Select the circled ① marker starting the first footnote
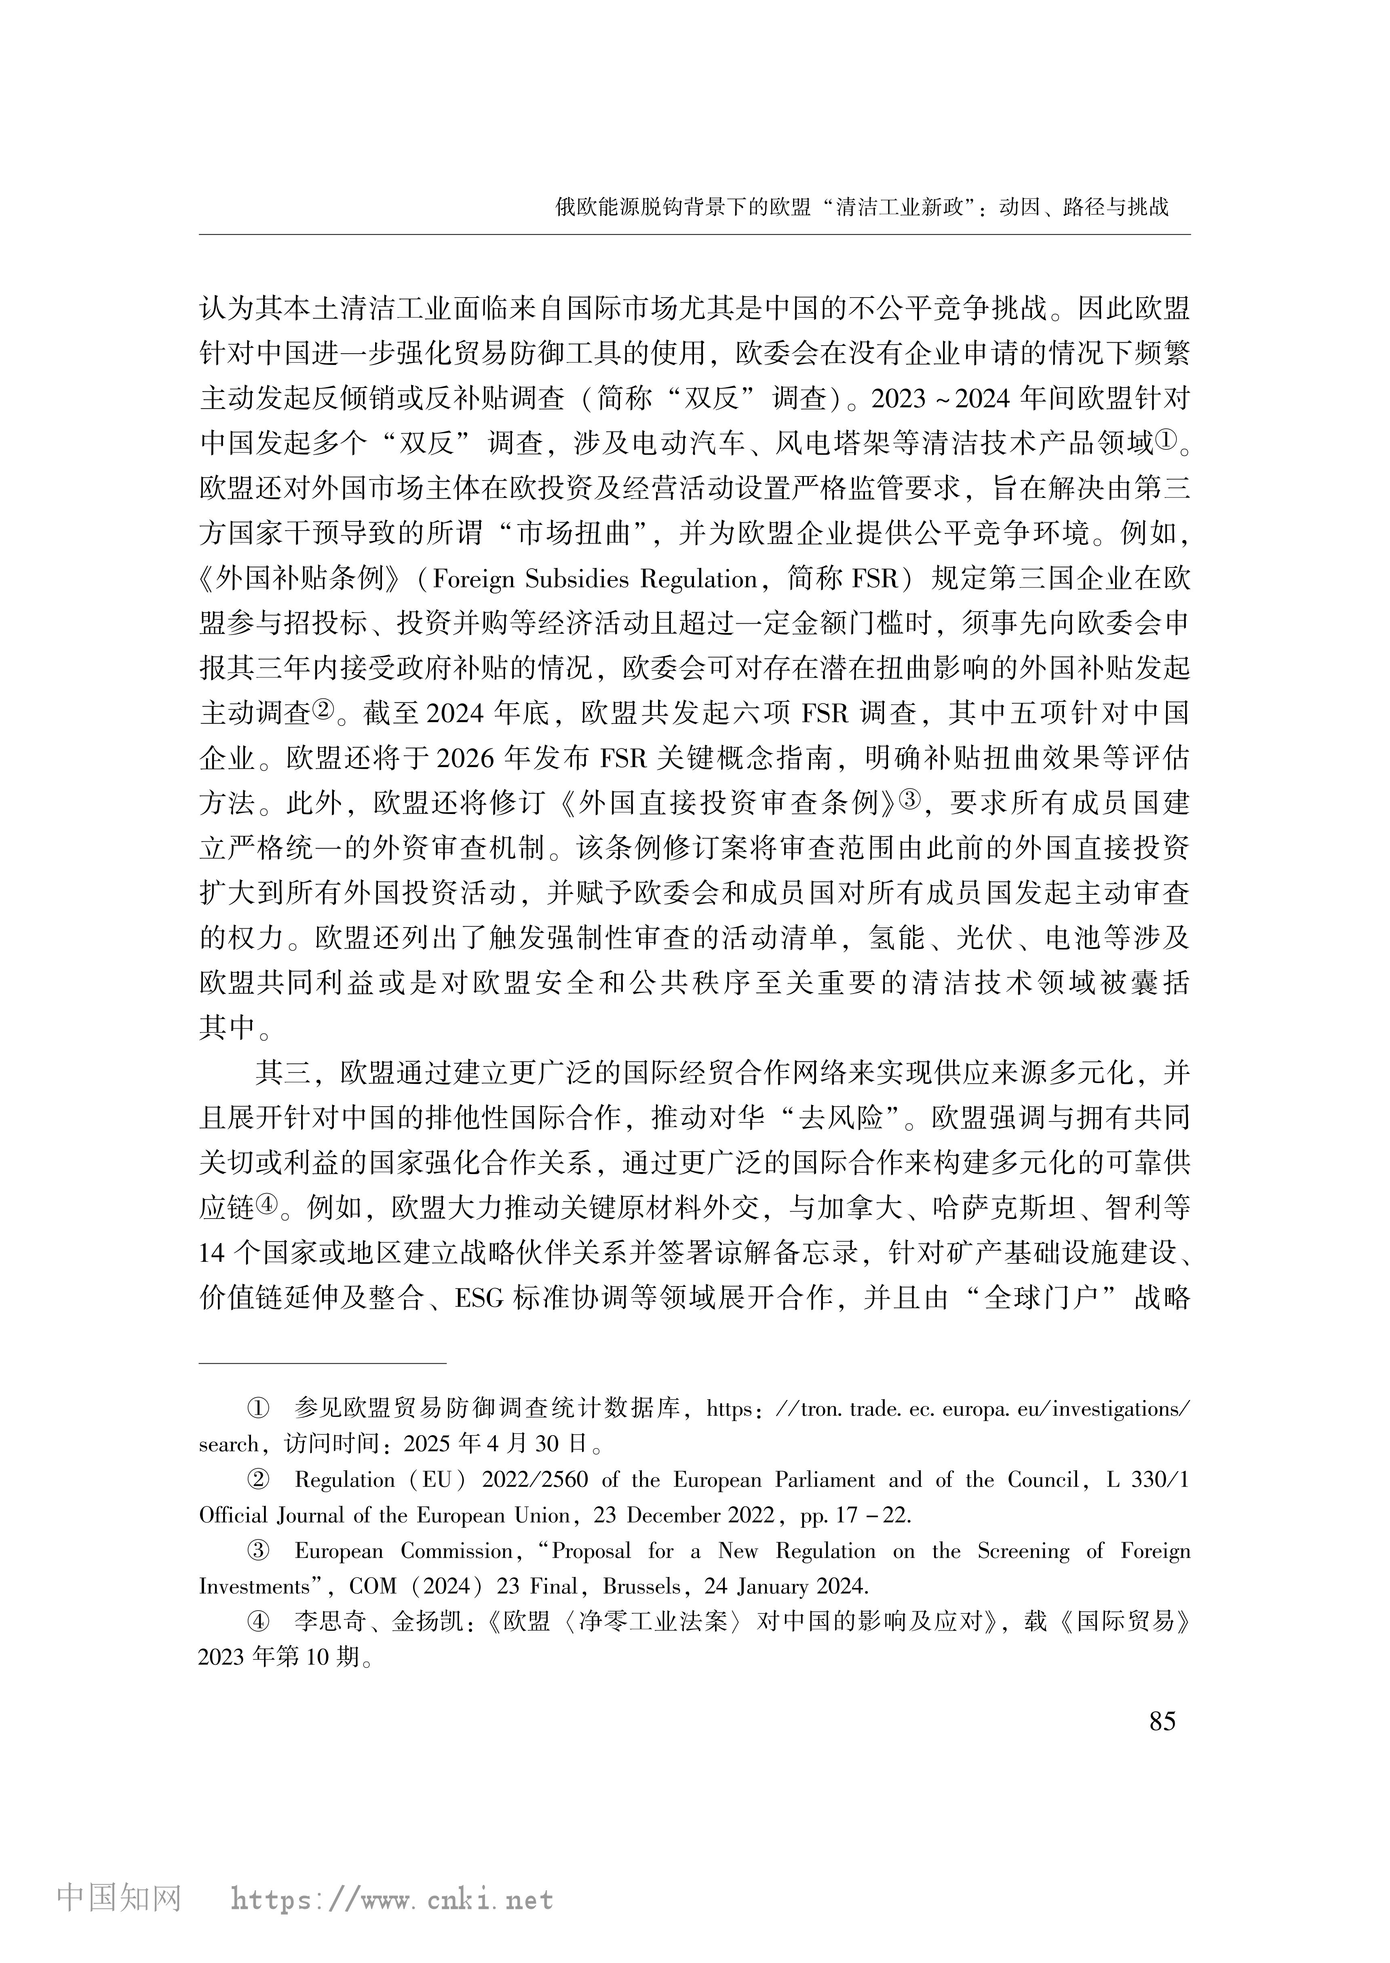pos(257,1408)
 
